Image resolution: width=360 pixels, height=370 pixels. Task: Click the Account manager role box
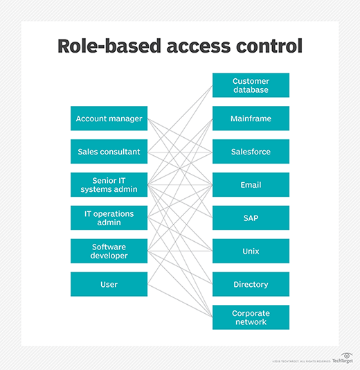tap(109, 118)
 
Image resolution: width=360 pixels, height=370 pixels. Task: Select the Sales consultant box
tap(109, 152)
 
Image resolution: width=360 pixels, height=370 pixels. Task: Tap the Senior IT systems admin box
tap(109, 185)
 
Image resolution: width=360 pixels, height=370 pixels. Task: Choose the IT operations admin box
tap(109, 218)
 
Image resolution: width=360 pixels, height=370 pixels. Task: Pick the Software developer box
tap(109, 251)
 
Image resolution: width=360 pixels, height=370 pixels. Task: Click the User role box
tap(109, 284)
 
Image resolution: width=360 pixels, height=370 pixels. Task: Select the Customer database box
tap(250, 85)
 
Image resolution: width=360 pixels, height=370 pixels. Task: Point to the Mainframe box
tap(250, 118)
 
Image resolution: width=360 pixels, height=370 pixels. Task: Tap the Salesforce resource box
tap(250, 152)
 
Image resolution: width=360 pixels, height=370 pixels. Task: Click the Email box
tap(250, 185)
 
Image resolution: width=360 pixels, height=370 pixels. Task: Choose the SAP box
tap(250, 218)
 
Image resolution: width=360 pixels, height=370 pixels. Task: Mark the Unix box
tap(250, 251)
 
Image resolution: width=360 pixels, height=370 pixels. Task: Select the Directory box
tap(250, 284)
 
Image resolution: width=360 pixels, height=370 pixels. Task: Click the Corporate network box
tap(250, 317)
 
